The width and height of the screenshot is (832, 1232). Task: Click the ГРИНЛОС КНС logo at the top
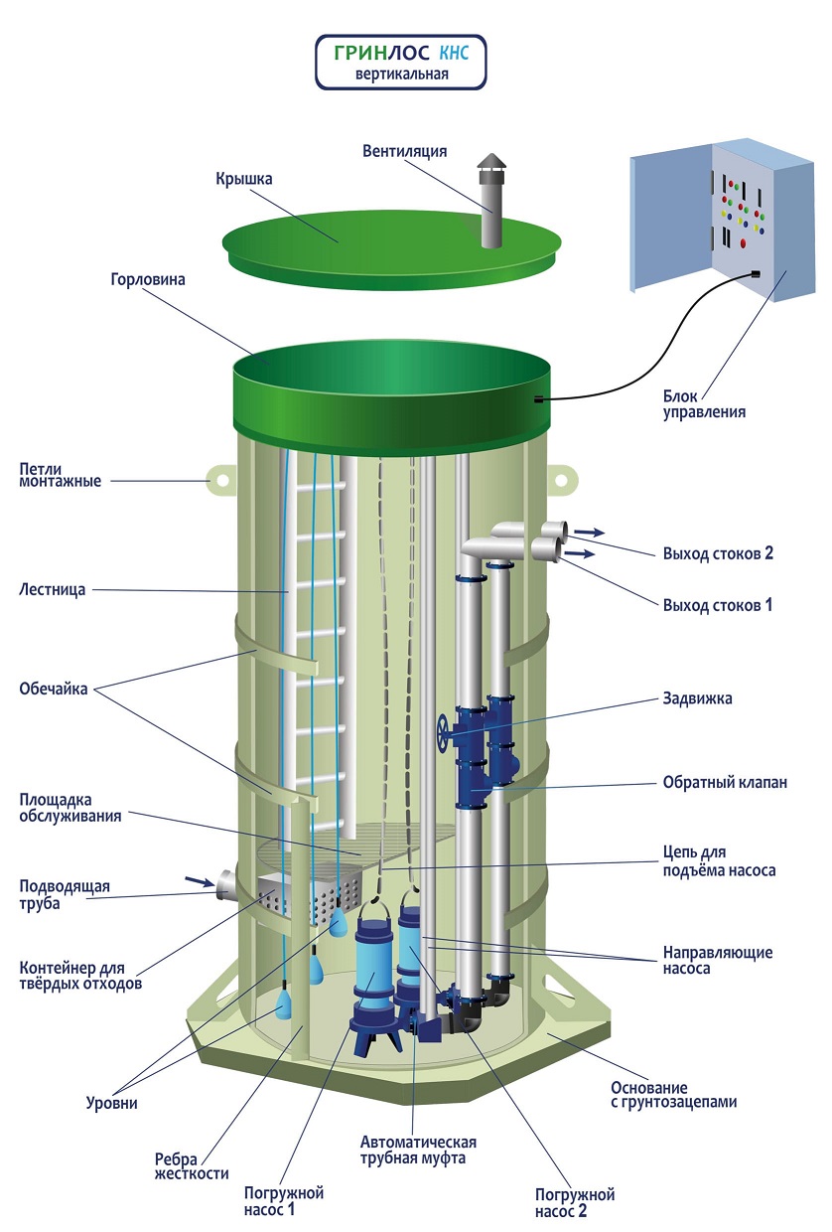tap(401, 61)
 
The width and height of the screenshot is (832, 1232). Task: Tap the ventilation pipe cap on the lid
tap(490, 163)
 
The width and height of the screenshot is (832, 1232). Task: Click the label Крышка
tap(243, 179)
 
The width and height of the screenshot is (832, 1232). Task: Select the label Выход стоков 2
tap(718, 553)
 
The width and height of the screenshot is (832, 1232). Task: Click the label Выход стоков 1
tap(717, 604)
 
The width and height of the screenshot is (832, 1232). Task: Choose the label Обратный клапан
tap(725, 782)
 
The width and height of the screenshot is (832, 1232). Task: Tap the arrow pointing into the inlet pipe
tap(198, 879)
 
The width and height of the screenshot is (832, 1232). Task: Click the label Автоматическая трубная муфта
tap(418, 1150)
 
